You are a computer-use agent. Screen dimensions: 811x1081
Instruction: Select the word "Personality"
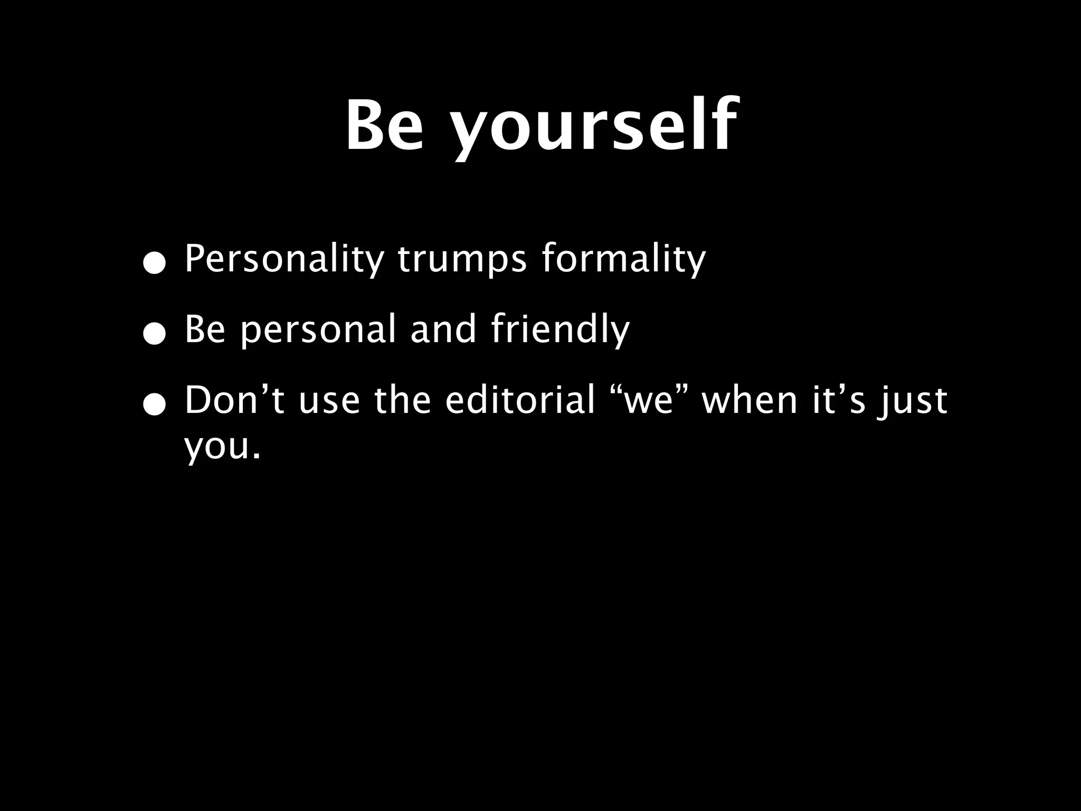click(284, 259)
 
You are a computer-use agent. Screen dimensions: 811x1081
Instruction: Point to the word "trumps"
click(462, 259)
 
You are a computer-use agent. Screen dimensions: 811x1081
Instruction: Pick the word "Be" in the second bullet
click(205, 329)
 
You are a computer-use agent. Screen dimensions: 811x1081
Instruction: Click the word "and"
click(443, 329)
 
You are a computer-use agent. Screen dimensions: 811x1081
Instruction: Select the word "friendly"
click(560, 330)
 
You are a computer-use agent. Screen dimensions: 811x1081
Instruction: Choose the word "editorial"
click(520, 400)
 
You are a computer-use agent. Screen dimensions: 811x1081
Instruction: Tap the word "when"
click(750, 400)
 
